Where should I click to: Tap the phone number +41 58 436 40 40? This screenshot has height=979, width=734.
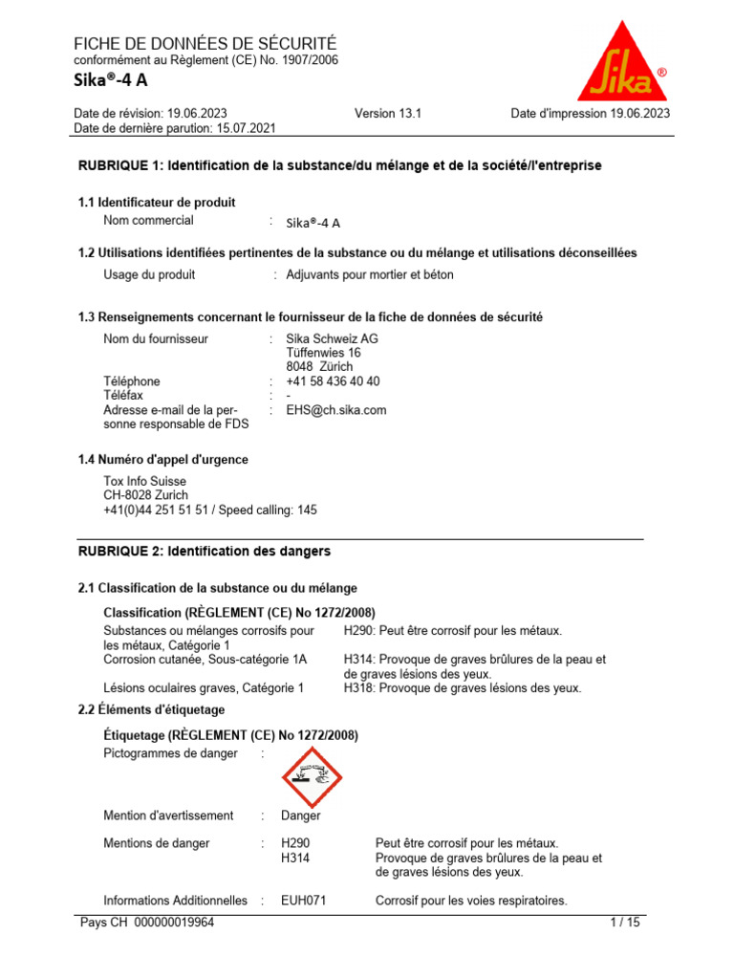tap(333, 381)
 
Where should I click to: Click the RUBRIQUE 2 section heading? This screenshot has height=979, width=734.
tap(204, 552)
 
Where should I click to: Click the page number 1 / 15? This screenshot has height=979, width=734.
tap(625, 924)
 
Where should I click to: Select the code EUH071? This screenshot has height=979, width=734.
tap(304, 901)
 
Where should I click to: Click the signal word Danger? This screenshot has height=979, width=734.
tap(300, 816)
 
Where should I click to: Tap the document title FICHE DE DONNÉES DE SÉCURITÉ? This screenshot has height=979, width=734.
tap(205, 44)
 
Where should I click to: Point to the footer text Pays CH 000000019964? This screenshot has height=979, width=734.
tap(147, 924)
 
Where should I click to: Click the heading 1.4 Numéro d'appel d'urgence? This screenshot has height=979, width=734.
tap(162, 460)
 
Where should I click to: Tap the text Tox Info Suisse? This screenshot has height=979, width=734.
tap(144, 481)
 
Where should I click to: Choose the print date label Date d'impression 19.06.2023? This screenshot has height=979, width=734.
tap(590, 113)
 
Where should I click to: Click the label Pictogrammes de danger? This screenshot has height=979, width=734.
tap(170, 754)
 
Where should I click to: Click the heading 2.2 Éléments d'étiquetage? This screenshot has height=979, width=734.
tap(151, 709)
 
